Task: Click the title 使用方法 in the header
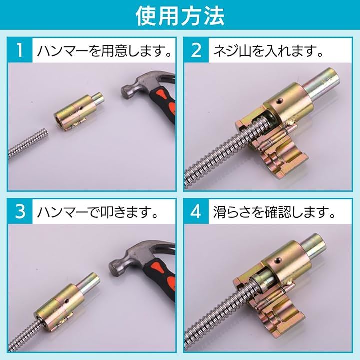180,16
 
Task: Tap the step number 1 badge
20,50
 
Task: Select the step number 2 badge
196,50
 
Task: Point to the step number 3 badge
20,211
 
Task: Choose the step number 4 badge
196,211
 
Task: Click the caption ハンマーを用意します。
104,50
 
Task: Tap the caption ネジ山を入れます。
268,50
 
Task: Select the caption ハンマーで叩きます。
98,212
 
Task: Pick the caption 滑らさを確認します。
274,212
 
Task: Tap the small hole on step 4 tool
278,260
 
